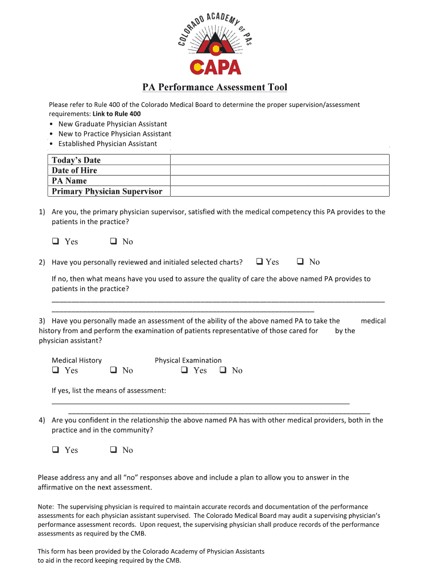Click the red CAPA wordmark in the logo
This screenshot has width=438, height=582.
click(x=216, y=67)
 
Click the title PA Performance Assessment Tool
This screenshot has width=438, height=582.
click(x=214, y=87)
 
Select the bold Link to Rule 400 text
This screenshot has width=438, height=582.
click(x=117, y=114)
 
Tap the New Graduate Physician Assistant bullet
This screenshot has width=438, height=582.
click(x=113, y=124)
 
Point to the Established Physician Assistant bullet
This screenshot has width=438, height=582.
click(x=108, y=144)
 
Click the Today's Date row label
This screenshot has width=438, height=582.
click(x=76, y=160)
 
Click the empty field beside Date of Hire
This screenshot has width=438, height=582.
click(x=280, y=171)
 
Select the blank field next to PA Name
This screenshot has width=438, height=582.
click(x=280, y=181)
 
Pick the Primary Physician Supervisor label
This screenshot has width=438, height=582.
click(x=107, y=191)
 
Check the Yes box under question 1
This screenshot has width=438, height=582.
click(x=56, y=242)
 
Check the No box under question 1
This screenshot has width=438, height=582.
click(x=113, y=242)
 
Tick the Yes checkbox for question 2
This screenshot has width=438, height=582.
click(x=259, y=262)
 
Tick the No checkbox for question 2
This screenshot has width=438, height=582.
click(x=300, y=262)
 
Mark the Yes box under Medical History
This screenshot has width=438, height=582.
click(x=56, y=371)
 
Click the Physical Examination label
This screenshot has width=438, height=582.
click(x=188, y=360)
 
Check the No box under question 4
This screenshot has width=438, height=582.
click(x=113, y=450)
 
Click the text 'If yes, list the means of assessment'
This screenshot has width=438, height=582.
click(x=109, y=390)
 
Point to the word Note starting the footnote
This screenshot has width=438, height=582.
click(x=45, y=506)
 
